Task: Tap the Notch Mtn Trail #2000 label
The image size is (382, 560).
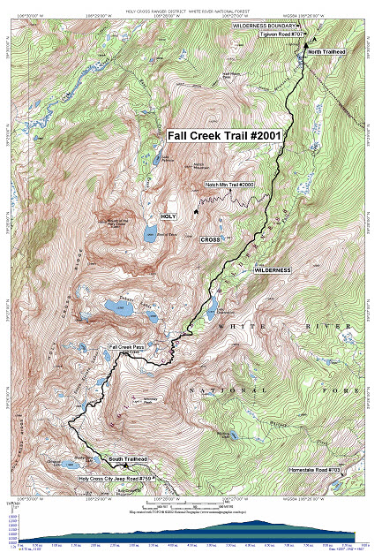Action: click(x=229, y=185)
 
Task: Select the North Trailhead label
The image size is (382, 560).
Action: click(x=326, y=52)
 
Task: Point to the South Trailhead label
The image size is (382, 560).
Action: click(x=127, y=459)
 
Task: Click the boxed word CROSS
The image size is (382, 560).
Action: click(x=210, y=239)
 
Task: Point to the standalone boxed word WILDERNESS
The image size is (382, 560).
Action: click(x=272, y=269)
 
